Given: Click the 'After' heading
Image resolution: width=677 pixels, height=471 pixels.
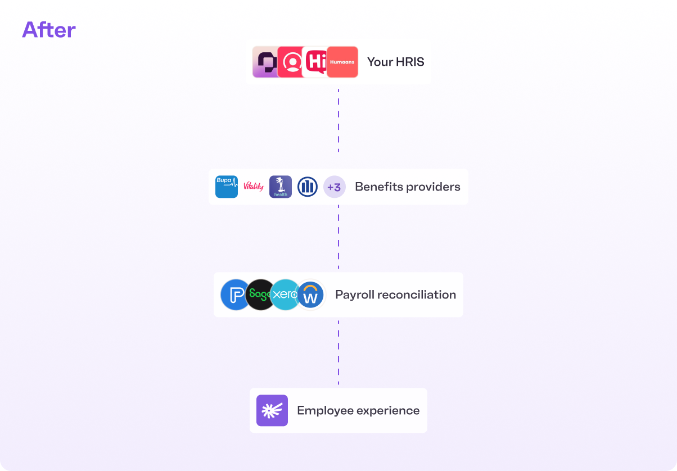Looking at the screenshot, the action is (49, 30).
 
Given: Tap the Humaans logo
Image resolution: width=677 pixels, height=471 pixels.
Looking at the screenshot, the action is (342, 62).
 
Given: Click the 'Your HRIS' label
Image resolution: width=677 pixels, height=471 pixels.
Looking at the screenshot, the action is (395, 62).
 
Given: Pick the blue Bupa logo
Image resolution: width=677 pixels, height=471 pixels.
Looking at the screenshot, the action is (227, 187).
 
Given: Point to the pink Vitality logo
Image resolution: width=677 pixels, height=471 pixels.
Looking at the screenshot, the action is (254, 187).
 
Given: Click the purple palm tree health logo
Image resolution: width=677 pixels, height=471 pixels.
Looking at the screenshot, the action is (281, 187).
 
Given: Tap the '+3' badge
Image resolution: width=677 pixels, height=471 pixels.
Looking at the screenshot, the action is (335, 187).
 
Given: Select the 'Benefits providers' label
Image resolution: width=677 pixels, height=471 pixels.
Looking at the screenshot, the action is (407, 187).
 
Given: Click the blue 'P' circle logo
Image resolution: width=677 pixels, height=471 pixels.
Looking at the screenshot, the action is (233, 295).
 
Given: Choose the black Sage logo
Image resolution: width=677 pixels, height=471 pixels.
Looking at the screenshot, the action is (259, 295).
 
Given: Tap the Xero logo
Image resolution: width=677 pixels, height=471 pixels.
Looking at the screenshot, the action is (285, 295).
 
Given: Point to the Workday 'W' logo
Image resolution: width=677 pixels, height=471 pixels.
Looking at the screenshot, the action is (310, 295).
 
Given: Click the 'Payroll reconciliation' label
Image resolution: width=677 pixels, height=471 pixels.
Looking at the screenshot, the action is (395, 295).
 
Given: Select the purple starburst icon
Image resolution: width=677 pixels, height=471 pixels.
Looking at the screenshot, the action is (272, 410).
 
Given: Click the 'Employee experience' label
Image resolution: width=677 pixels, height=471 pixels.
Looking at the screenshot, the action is (358, 410).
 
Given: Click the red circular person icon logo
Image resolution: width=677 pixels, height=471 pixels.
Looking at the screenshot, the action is (291, 62).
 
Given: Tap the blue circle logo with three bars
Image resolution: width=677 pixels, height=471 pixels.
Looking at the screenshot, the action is (308, 187).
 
